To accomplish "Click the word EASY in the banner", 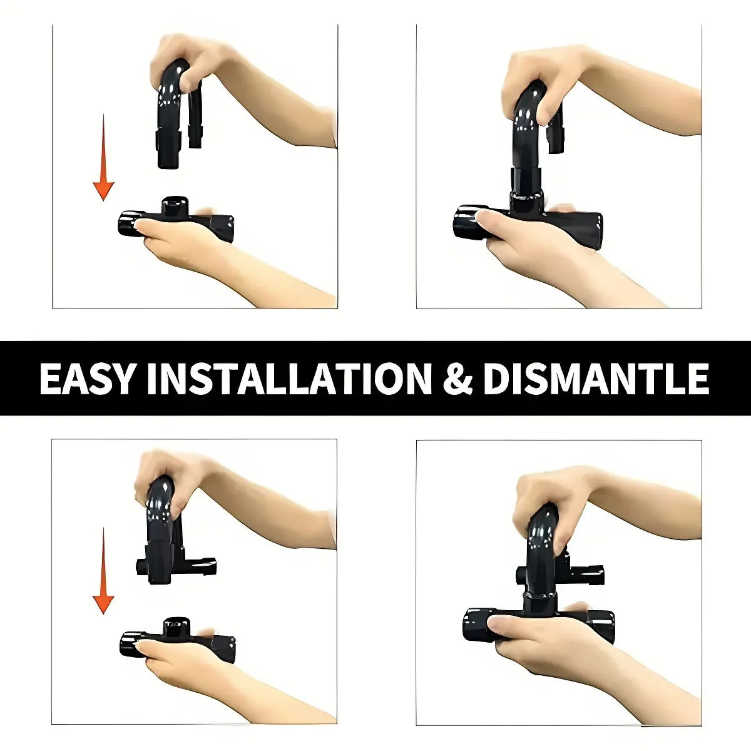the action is (x=86, y=378).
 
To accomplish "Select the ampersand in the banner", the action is (x=458, y=378).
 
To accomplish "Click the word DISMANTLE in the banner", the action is (x=596, y=378).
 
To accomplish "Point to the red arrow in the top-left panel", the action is (x=103, y=158).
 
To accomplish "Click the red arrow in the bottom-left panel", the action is (x=103, y=571).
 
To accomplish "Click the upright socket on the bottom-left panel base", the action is (x=176, y=628).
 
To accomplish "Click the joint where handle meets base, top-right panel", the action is (x=526, y=195).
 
